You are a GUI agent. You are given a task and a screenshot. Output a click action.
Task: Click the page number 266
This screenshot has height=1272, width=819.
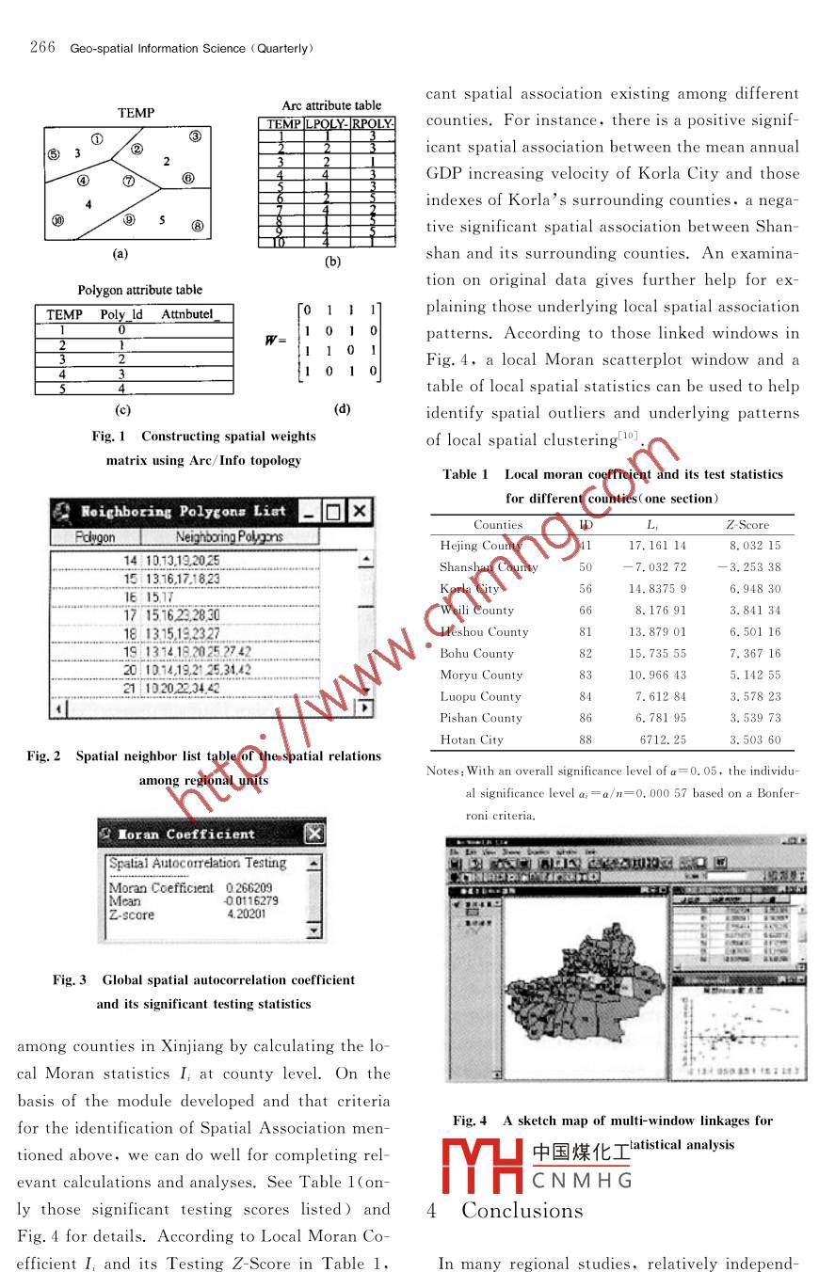tap(43, 48)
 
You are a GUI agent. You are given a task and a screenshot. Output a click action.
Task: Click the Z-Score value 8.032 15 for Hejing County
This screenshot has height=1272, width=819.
tap(754, 546)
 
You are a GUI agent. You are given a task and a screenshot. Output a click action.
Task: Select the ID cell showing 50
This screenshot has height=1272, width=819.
tap(586, 567)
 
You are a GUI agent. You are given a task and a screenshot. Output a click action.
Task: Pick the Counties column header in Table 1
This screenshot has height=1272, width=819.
tap(498, 525)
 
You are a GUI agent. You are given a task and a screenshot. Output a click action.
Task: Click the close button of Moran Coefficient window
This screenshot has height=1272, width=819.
tap(314, 834)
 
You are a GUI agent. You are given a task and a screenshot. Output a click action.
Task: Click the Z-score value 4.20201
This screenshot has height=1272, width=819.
tap(247, 914)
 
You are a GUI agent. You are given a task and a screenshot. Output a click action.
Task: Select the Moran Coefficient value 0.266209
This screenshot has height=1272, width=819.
tap(249, 888)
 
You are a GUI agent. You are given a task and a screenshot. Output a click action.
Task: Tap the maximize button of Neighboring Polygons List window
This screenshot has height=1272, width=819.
tap(332, 512)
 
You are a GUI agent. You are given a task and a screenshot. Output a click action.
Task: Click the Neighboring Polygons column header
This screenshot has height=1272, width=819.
tap(229, 536)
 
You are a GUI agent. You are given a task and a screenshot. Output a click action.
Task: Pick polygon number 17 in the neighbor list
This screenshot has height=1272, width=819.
tap(131, 614)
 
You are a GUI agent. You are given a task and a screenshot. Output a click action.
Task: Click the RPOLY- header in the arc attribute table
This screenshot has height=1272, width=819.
tap(373, 124)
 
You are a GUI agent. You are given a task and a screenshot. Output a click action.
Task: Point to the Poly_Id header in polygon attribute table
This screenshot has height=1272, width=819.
tap(121, 314)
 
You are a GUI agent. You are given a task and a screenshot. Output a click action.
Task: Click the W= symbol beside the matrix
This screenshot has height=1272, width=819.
tap(276, 340)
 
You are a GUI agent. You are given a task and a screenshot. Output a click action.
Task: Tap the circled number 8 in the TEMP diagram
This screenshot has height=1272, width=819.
tap(198, 226)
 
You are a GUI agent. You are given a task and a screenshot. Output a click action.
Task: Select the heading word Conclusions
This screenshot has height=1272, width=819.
tap(522, 1210)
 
